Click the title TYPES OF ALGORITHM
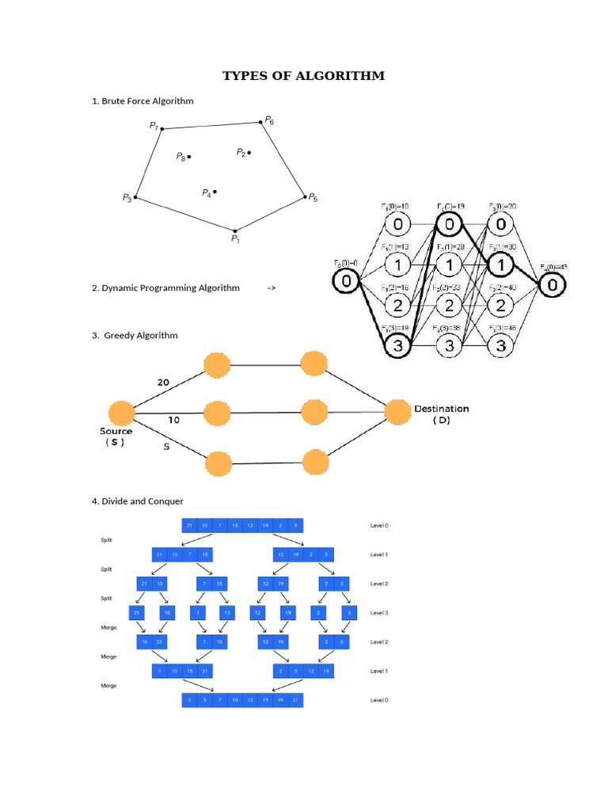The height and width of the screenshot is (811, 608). [x=303, y=76]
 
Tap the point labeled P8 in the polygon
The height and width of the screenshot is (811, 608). [x=189, y=157]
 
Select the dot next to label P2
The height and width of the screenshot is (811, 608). [x=249, y=152]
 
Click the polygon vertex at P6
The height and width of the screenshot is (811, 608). [x=260, y=122]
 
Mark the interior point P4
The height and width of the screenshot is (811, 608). [x=215, y=191]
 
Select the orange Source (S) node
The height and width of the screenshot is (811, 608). [x=120, y=413]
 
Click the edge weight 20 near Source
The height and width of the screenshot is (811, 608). [x=163, y=382]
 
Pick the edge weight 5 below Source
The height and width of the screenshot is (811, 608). [x=165, y=446]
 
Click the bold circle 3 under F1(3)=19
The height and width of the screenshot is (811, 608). [x=397, y=345]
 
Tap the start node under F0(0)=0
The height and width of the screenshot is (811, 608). [x=346, y=282]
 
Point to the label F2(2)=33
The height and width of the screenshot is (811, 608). [x=449, y=287]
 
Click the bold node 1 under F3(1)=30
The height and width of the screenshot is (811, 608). [x=500, y=262]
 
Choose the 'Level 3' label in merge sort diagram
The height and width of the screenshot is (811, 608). [x=379, y=613]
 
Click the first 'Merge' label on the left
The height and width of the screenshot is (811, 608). [x=108, y=627]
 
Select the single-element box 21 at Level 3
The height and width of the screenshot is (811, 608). [x=138, y=613]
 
